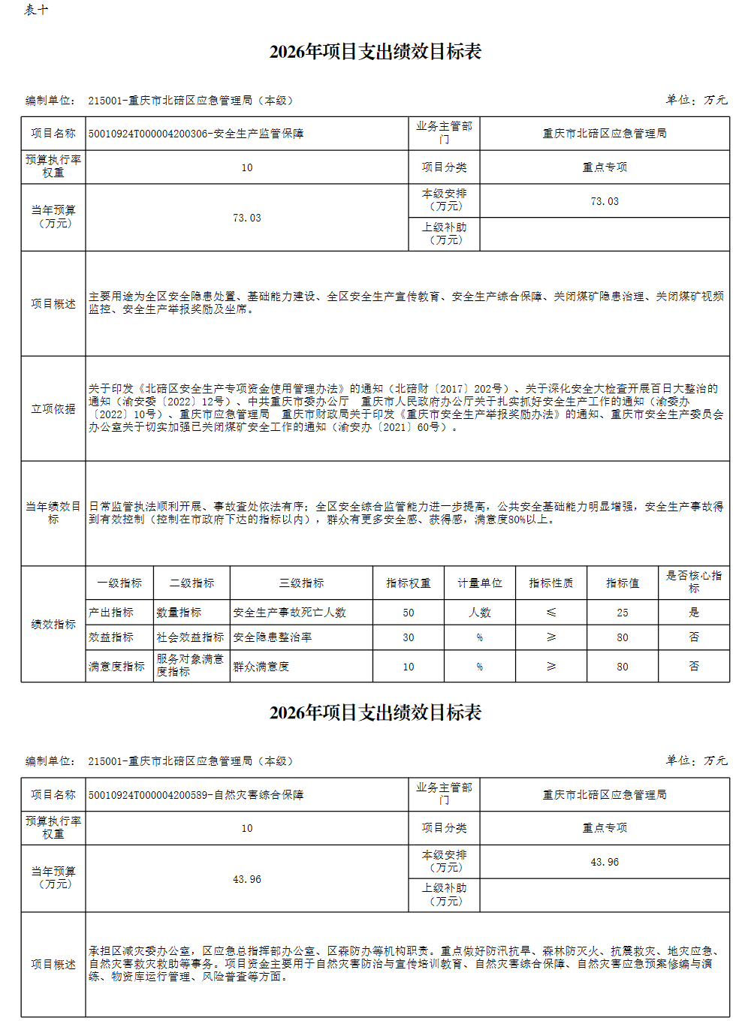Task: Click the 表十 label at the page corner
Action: [x=36, y=10]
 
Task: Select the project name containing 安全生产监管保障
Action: [x=196, y=134]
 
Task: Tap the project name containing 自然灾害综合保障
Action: [x=196, y=795]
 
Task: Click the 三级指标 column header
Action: [x=301, y=583]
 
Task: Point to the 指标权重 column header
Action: [x=409, y=583]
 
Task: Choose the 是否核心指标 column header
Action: [x=693, y=582]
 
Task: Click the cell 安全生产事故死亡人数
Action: [x=289, y=613]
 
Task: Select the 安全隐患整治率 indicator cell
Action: [x=273, y=637]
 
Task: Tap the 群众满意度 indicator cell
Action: [x=261, y=667]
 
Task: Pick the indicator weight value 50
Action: [x=409, y=613]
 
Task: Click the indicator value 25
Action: [x=623, y=613]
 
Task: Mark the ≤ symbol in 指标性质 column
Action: [x=551, y=613]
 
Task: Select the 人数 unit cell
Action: [x=480, y=613]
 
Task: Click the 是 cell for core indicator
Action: [x=694, y=613]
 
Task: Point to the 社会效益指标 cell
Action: [x=190, y=637]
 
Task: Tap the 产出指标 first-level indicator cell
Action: [x=111, y=613]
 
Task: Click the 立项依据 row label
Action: [x=53, y=409]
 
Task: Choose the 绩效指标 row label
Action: [x=53, y=625]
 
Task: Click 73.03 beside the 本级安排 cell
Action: [x=605, y=201]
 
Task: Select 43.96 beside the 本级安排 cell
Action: [x=605, y=862]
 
